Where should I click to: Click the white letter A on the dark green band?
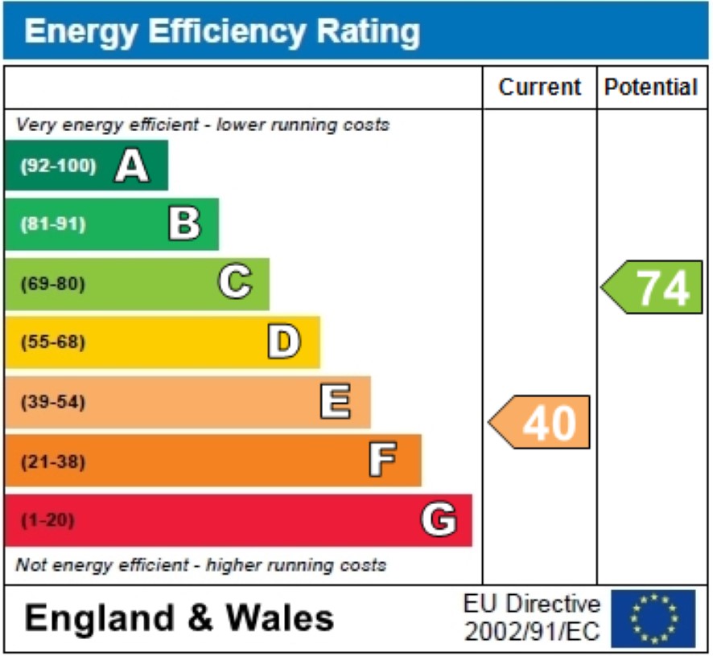pos(132,166)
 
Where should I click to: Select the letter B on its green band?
pos(183,224)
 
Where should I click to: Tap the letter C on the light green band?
pos(235,283)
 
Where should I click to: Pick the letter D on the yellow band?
pos(284,342)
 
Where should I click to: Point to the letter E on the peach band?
pos(336,401)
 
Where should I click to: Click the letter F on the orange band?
pos(384,461)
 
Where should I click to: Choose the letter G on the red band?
pos(439,520)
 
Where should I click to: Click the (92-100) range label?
pos(58,166)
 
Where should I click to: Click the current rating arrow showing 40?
pos(541,422)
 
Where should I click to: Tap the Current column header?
pos(539,87)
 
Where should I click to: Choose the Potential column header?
pos(651,87)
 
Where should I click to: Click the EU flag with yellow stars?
pos(653,618)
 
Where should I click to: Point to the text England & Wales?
pos(179,618)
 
